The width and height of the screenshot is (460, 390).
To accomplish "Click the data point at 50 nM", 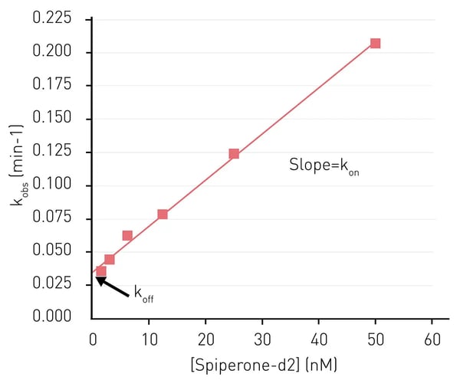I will tap(375, 43).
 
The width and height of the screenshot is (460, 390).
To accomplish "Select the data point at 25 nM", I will tap(234, 153).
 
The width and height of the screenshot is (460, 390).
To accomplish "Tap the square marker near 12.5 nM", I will tap(163, 214).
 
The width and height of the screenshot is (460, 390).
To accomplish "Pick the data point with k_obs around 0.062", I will tap(127, 235).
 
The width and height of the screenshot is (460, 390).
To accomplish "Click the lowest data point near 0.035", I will tap(100, 270).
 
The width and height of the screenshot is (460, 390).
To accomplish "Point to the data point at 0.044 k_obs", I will tap(110, 259).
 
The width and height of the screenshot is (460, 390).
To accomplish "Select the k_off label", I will tap(143, 294).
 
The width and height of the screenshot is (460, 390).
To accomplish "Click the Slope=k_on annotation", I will tap(324, 166).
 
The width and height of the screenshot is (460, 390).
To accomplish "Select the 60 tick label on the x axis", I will tap(432, 339).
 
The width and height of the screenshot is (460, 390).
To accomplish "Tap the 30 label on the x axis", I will tap(262, 339).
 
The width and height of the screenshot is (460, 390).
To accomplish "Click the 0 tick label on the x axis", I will tap(93, 339).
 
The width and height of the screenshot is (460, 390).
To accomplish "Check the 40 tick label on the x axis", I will tap(319, 339).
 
